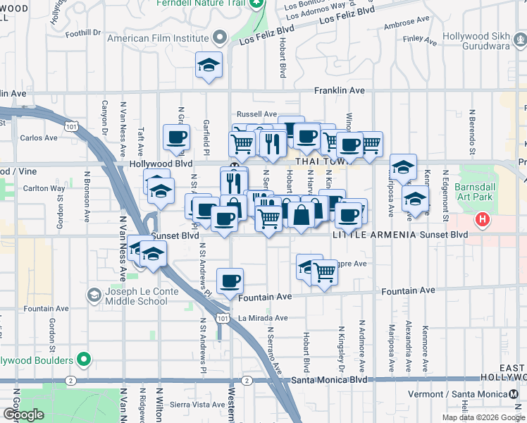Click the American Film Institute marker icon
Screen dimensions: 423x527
tap(221, 38)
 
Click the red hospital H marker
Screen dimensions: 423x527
tap(483, 219)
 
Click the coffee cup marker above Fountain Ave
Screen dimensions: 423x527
tap(230, 281)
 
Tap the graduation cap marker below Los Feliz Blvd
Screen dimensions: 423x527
tap(209, 65)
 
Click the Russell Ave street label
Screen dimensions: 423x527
tap(256, 114)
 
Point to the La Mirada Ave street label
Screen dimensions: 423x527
tap(262, 318)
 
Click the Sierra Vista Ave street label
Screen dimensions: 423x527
tap(197, 405)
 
